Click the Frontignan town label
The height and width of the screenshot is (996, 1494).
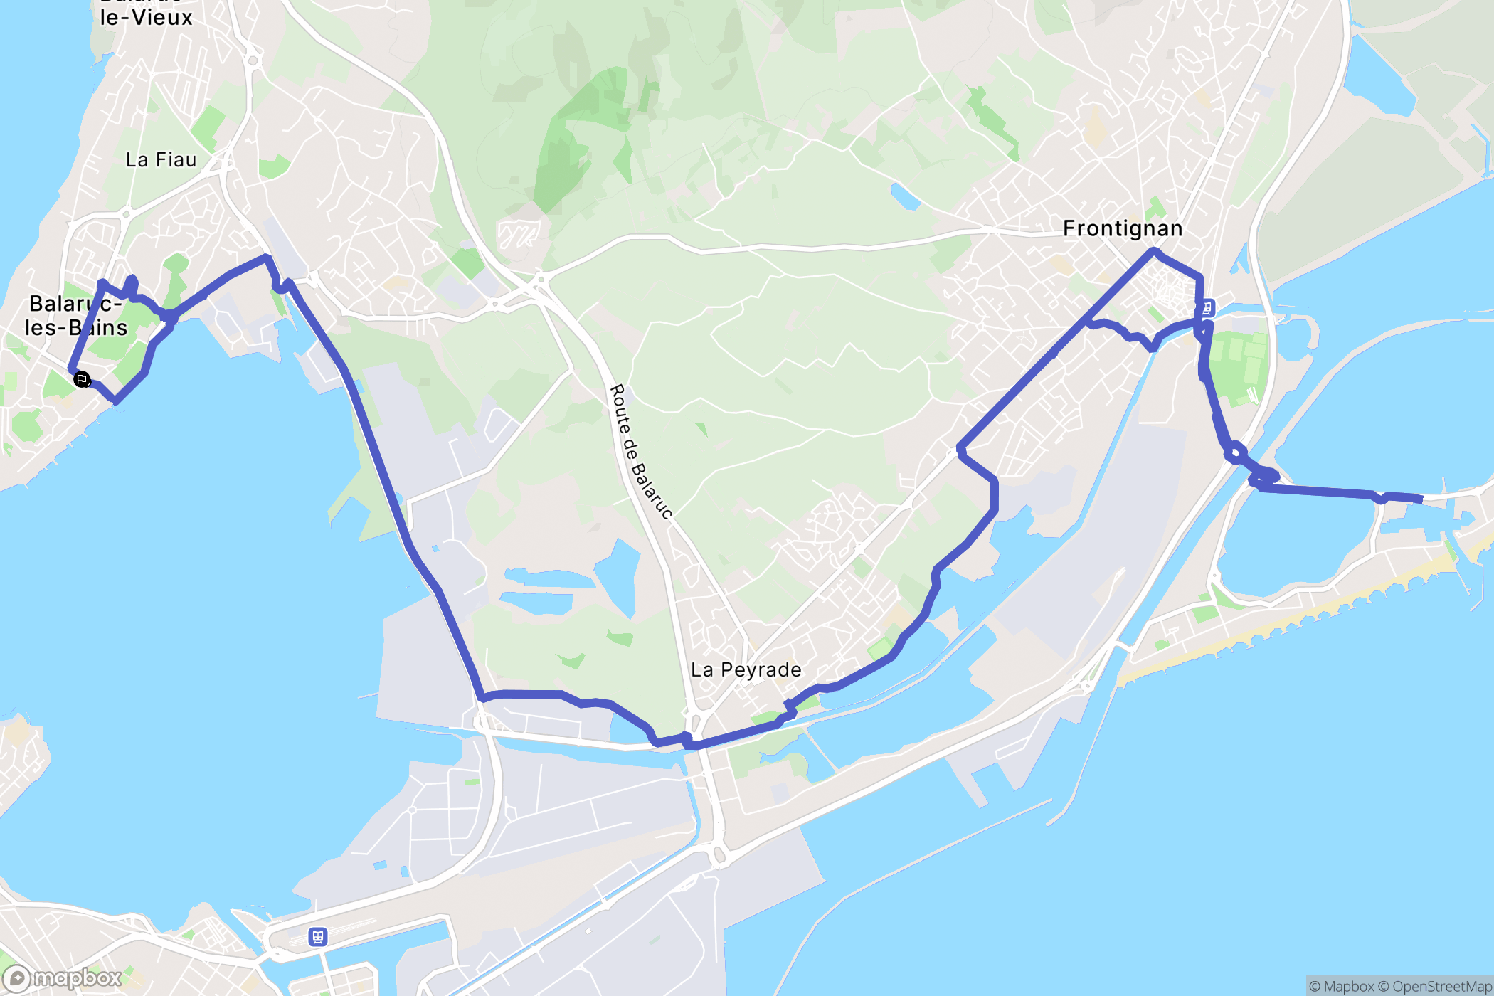coord(1123,228)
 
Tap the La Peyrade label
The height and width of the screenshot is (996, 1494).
coord(746,669)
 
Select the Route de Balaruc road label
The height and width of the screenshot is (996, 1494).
coord(640,452)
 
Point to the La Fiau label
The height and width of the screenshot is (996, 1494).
coord(161,160)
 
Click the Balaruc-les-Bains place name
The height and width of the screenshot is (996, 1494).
coord(75,315)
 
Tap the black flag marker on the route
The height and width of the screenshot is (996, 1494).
coord(82,379)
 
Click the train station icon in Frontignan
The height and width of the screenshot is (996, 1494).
coord(1207,308)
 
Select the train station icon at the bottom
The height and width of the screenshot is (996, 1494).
coord(317,937)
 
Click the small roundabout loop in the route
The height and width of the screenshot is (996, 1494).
coord(1235,452)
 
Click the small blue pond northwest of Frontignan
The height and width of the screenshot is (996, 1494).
coord(905,196)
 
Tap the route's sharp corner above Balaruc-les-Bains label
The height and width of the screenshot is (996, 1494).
coord(102,284)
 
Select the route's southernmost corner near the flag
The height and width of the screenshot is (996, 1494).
coord(116,401)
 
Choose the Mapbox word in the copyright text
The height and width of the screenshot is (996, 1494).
coord(1348,986)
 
